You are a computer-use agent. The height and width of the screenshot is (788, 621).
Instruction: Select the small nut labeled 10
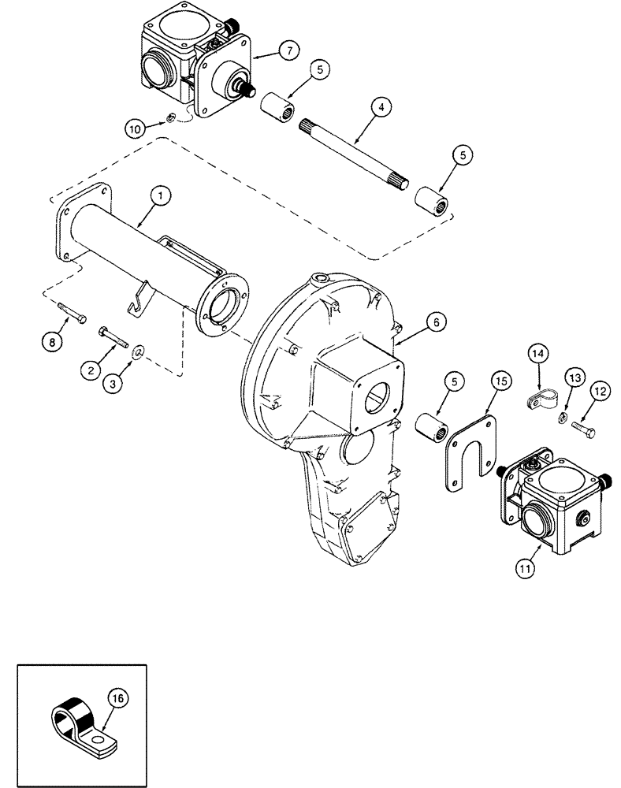coord(169,120)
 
